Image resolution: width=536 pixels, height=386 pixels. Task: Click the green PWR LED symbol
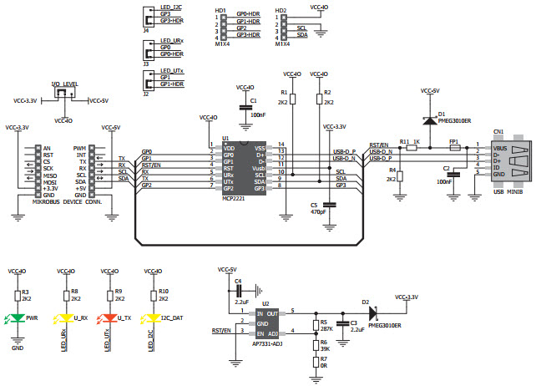pos(18,318)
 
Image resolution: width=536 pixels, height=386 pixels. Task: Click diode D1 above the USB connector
pos(430,119)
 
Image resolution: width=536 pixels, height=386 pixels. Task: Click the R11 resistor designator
pos(404,141)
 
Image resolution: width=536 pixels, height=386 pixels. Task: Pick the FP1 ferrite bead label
pos(453,141)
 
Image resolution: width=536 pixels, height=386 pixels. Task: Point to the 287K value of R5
pos(326,330)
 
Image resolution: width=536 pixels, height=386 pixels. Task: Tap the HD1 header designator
pos(220,11)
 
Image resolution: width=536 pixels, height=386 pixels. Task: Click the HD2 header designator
pos(281,11)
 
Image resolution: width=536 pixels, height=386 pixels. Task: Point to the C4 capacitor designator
pos(237,281)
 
